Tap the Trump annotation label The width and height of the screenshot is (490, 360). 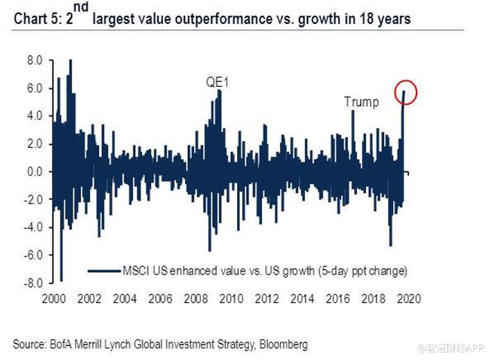click(361, 102)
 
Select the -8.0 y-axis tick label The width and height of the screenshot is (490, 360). click(32, 283)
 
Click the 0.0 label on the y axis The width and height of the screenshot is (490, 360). click(34, 172)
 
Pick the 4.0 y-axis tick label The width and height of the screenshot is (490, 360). click(34, 116)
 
